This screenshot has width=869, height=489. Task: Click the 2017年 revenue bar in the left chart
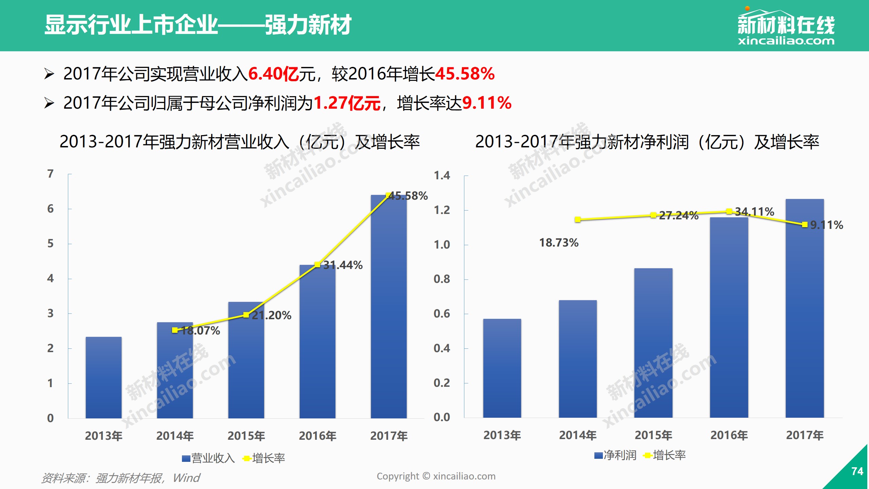click(389, 306)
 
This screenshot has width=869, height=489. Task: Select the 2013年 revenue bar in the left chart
click(104, 377)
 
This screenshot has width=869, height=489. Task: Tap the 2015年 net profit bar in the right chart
click(653, 343)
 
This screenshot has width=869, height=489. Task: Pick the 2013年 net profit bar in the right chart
click(502, 368)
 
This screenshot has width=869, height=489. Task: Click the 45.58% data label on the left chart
click(408, 196)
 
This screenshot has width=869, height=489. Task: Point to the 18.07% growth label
click(201, 330)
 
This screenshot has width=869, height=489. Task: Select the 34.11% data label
click(755, 212)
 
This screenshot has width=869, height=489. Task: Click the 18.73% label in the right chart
click(559, 243)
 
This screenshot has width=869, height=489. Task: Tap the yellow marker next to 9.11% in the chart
click(805, 224)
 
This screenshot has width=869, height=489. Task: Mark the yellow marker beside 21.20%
click(246, 315)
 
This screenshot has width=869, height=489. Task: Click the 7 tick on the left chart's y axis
click(51, 174)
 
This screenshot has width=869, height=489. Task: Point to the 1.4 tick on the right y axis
click(442, 176)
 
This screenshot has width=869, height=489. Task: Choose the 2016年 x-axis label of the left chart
click(317, 436)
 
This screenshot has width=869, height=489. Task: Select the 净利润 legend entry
click(615, 455)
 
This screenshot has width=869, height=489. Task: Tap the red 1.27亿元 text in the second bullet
click(347, 103)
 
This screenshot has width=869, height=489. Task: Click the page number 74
click(857, 471)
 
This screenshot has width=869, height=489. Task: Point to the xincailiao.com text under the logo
click(786, 41)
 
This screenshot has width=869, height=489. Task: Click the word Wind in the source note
click(186, 478)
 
